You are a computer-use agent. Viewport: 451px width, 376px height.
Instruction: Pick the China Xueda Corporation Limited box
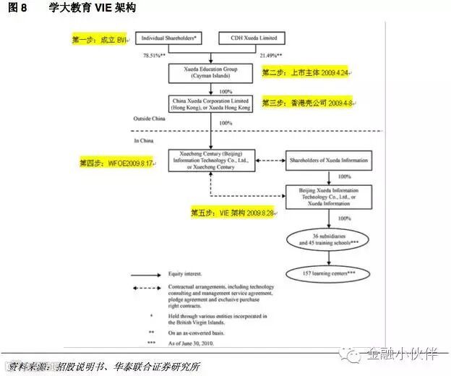[x=210, y=103]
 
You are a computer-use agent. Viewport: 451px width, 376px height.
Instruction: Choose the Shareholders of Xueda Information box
[x=329, y=160]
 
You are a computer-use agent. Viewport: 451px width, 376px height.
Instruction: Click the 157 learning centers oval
[x=329, y=273]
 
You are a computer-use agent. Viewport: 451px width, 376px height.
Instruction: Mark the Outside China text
[x=144, y=119]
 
